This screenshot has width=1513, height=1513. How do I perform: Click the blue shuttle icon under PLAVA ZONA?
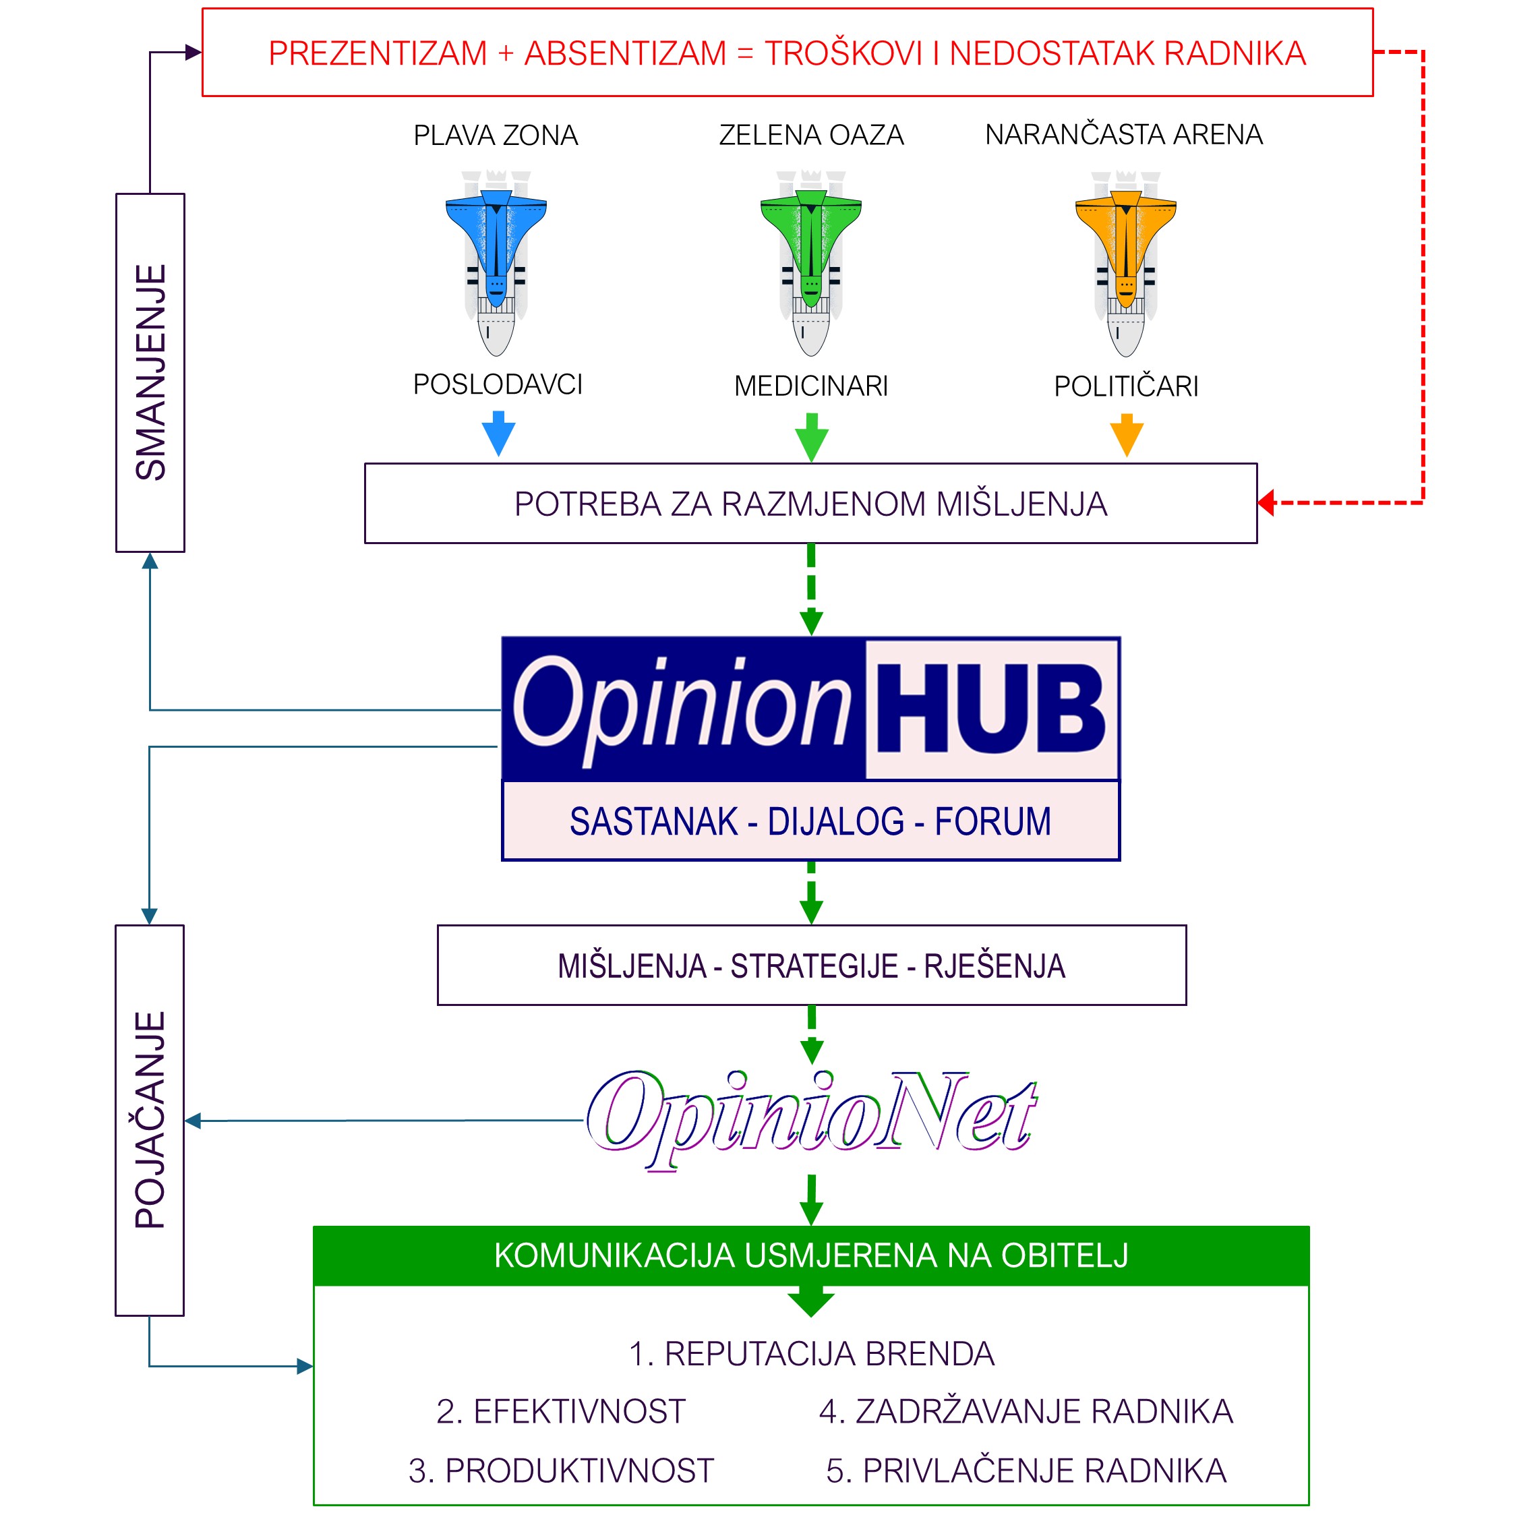pyautogui.click(x=496, y=263)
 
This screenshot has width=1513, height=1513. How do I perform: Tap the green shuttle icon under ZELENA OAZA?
pyautogui.click(x=810, y=263)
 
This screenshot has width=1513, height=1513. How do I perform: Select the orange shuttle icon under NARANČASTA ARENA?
pyautogui.click(x=1125, y=263)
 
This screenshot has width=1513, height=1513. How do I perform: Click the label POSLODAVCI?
pyautogui.click(x=498, y=384)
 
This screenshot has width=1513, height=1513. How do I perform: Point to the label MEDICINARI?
pyautogui.click(x=810, y=386)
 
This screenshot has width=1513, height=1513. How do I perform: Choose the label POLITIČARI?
pyautogui.click(x=1126, y=386)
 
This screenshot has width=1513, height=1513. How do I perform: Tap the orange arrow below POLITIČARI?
pyautogui.click(x=1127, y=436)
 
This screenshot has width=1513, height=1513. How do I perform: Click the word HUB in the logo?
pyautogui.click(x=990, y=709)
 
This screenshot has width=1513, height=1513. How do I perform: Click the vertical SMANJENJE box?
pyautogui.click(x=150, y=373)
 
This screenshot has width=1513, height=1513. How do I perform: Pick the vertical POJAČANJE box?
pyautogui.click(x=150, y=1121)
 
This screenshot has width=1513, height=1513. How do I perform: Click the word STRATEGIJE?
pyautogui.click(x=814, y=966)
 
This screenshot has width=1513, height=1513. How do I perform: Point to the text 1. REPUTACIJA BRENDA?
pyautogui.click(x=811, y=1354)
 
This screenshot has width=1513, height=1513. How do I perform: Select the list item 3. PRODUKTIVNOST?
pyautogui.click(x=561, y=1471)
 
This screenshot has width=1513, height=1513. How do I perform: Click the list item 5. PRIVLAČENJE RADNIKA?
pyautogui.click(x=1026, y=1471)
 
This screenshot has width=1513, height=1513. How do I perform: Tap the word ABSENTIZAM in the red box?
pyautogui.click(x=626, y=53)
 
